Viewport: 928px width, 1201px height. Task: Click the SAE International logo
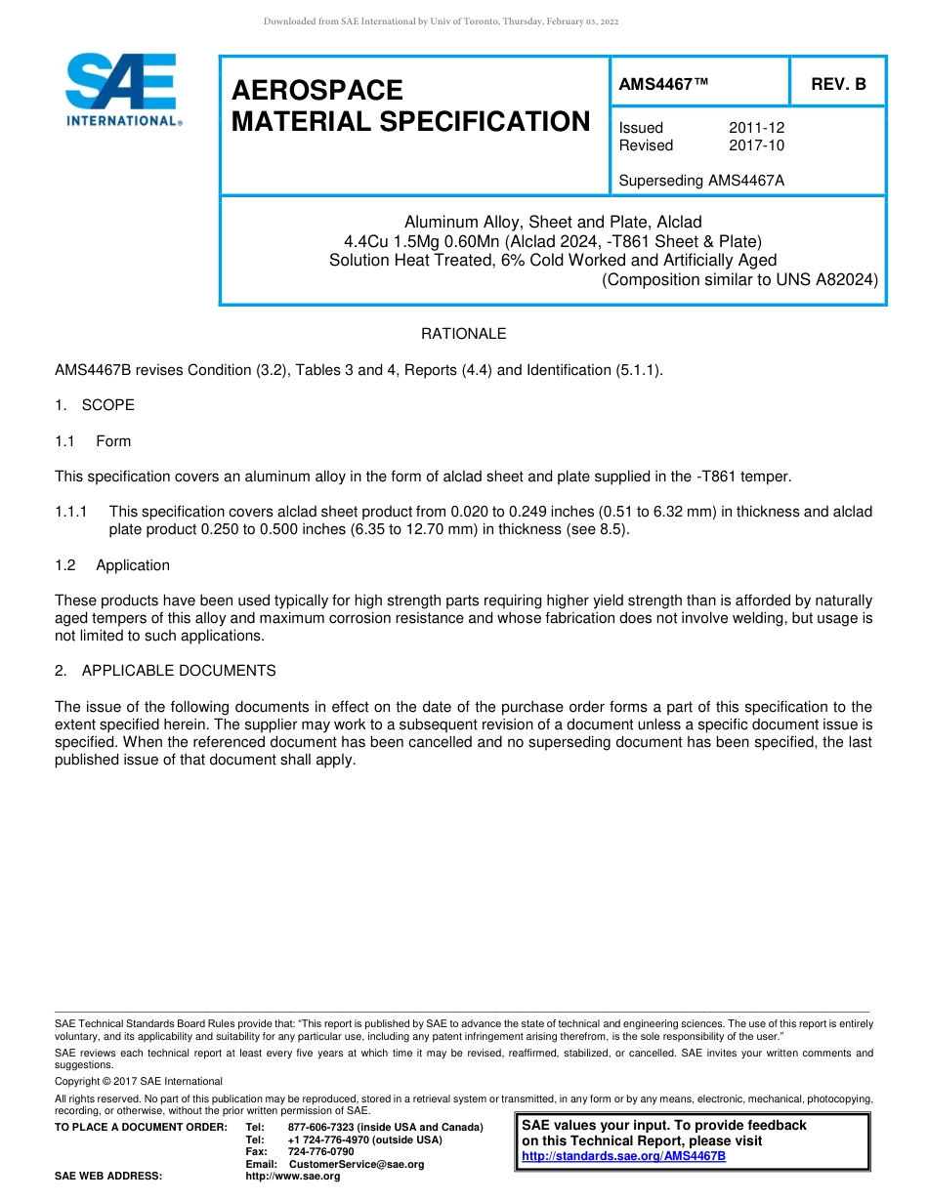(x=122, y=90)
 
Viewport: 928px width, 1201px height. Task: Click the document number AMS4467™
(x=663, y=85)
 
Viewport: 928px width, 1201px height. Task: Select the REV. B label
(x=838, y=85)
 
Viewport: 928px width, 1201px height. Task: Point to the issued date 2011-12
(x=756, y=128)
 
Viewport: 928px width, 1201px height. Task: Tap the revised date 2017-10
(x=756, y=145)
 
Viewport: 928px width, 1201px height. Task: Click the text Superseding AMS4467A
(x=701, y=181)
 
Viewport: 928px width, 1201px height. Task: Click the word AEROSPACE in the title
(x=316, y=91)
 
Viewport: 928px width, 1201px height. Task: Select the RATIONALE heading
(x=463, y=334)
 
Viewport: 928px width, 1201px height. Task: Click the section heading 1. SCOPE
(x=95, y=405)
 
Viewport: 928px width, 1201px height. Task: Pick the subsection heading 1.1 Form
(x=93, y=441)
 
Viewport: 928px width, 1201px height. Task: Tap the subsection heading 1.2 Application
(x=112, y=565)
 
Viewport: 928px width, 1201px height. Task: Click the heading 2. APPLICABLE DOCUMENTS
(x=165, y=671)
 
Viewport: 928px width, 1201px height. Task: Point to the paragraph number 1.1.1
(x=71, y=512)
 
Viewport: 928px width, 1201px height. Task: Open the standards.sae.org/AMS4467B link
(x=623, y=1156)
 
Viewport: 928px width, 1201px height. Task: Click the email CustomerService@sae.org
(x=357, y=1164)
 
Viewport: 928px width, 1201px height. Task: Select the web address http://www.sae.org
(x=293, y=1176)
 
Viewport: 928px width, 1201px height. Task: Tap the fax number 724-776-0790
(x=320, y=1152)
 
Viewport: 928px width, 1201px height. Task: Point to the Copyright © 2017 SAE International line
(x=139, y=1081)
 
